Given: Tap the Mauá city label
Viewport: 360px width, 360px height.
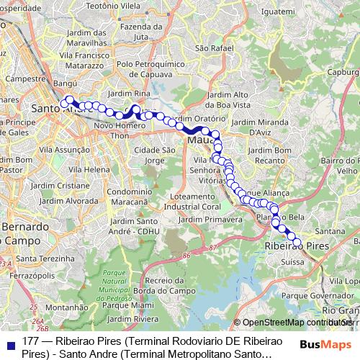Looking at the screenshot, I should pyautogui.click(x=198, y=140).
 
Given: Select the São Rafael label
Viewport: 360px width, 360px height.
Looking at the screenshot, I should pyautogui.click(x=210, y=48).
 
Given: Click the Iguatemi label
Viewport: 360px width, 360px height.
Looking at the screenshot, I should pyautogui.click(x=257, y=12).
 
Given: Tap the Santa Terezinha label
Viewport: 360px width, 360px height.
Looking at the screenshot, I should pyautogui.click(x=44, y=258).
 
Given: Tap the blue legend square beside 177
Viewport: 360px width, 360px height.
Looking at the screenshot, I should pyautogui.click(x=9, y=344).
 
